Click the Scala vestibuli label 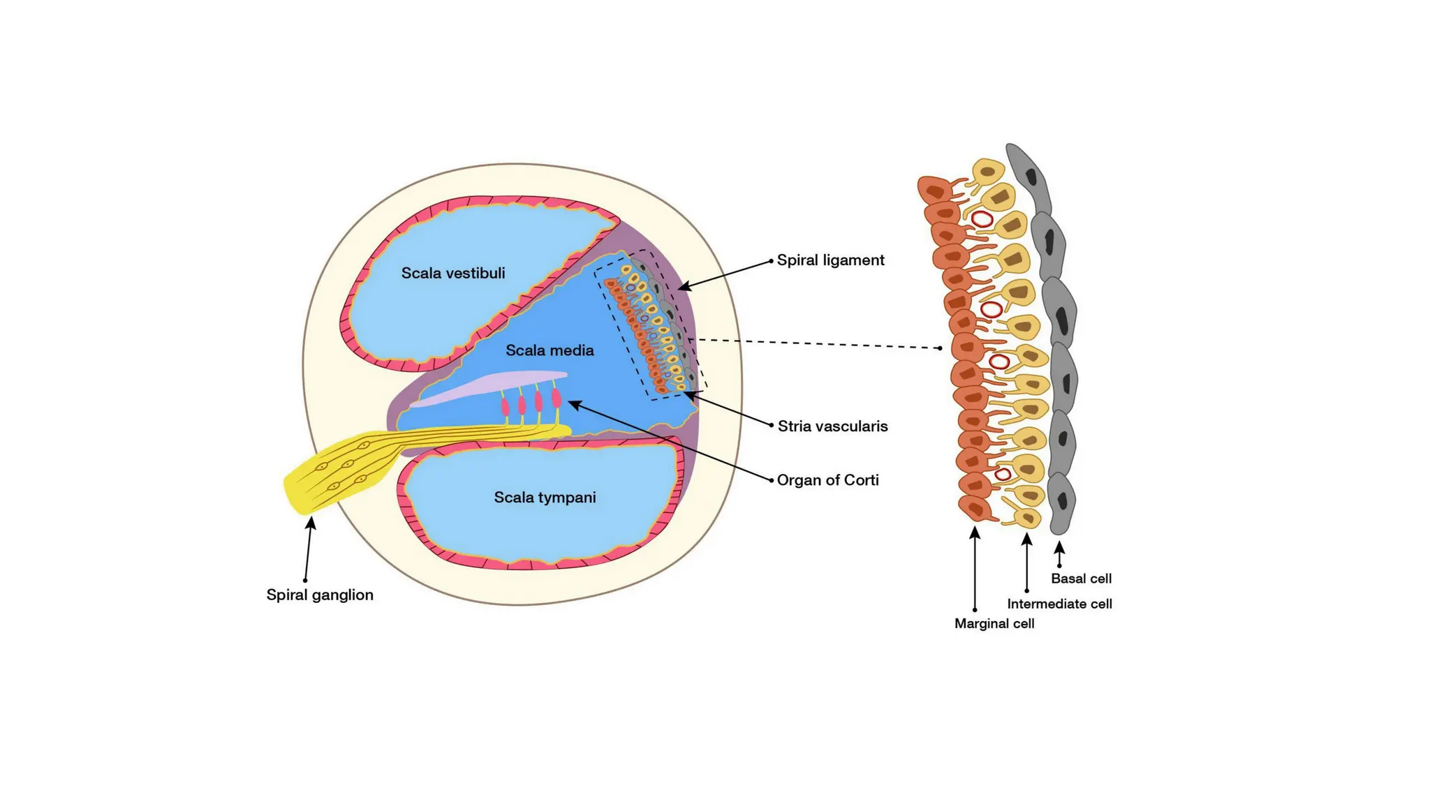tap(452, 273)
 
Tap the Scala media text tap(550, 350)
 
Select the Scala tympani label tap(545, 498)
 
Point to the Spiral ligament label tap(830, 260)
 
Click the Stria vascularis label tap(832, 426)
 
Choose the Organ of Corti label tap(827, 480)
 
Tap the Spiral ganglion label tap(320, 595)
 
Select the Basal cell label tap(1081, 579)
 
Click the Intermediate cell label tap(1059, 604)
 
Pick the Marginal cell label tap(994, 624)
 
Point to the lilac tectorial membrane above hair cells tap(489, 387)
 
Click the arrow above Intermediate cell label tap(1026, 562)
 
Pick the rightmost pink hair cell tap(556, 398)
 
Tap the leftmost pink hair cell tap(505, 406)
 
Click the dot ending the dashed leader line tap(940, 348)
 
